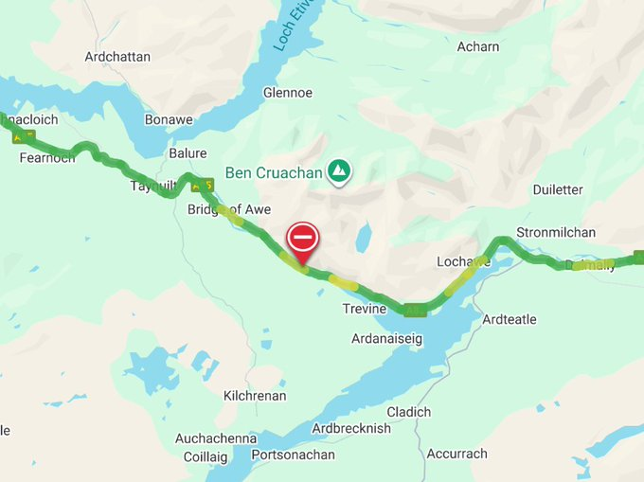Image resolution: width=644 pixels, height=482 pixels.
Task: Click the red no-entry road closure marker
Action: coord(303,237)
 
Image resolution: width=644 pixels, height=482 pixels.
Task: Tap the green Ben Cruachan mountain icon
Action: coord(338,171)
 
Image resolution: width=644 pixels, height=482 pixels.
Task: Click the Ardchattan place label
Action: coord(117,57)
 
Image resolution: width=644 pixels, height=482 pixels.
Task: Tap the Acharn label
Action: coord(477,46)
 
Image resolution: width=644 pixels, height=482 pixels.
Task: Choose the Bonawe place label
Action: coord(168,120)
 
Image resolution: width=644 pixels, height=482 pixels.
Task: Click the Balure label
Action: coord(188,153)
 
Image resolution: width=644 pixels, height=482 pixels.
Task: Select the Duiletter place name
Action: coord(558,189)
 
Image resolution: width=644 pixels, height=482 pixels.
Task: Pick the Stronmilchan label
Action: coord(556,233)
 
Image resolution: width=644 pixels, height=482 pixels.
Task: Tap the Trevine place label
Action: coord(365,310)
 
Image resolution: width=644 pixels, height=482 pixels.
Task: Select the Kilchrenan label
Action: coord(254,396)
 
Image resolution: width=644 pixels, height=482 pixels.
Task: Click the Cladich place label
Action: coord(408,412)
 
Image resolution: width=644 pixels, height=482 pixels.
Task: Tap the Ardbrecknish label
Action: coord(351,429)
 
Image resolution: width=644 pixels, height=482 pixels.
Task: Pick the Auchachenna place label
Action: coord(216,438)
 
